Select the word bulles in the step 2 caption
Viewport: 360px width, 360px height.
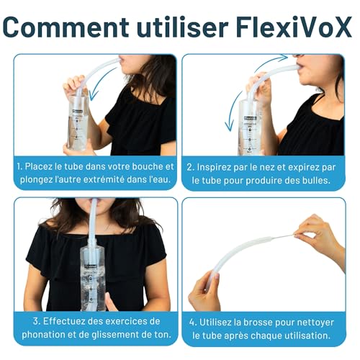click(315, 180)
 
